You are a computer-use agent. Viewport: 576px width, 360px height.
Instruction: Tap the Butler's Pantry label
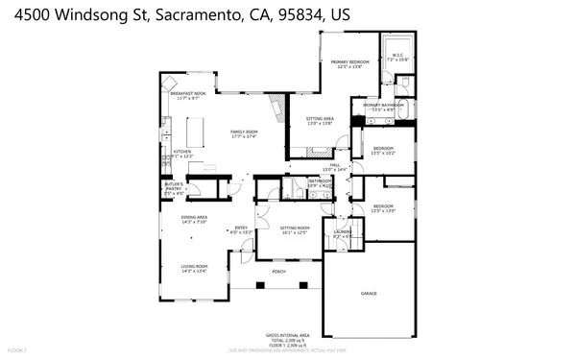click(174, 186)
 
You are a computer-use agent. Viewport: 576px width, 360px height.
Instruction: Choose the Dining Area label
click(195, 220)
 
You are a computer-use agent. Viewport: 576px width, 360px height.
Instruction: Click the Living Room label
click(195, 269)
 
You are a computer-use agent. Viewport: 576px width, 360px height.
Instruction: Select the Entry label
click(239, 229)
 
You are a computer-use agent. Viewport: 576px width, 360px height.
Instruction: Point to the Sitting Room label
click(294, 229)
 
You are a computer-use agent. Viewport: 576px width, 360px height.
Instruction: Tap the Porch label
click(279, 272)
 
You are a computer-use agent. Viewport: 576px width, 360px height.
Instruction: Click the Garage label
click(368, 293)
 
